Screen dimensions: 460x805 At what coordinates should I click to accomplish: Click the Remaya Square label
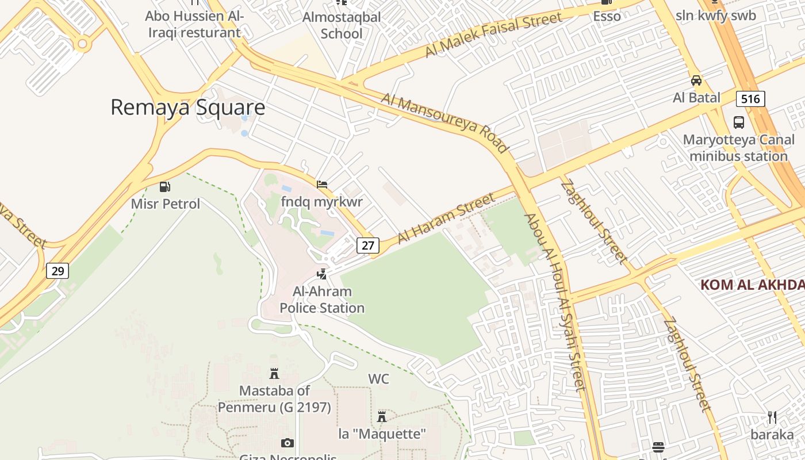tap(187, 108)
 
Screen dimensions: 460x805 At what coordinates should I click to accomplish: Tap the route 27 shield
tap(368, 246)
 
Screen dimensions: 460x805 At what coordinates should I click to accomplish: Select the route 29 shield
tap(57, 270)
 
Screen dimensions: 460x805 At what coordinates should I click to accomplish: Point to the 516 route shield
tap(750, 99)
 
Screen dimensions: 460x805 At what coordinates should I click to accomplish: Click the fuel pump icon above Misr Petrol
tap(165, 187)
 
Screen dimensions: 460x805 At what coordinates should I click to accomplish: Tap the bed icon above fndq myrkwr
tap(322, 185)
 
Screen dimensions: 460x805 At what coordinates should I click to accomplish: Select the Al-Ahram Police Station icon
tap(322, 274)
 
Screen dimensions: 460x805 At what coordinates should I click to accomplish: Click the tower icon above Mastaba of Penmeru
tap(274, 374)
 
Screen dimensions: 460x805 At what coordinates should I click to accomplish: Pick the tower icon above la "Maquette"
tap(382, 416)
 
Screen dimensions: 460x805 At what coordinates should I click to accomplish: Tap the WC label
tap(378, 379)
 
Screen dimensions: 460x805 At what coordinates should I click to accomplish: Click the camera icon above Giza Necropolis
tap(287, 443)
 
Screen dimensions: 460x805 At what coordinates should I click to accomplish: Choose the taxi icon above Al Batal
tap(696, 80)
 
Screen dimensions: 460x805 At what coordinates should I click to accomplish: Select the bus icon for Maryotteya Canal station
tap(739, 122)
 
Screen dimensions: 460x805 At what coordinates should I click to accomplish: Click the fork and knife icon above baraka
tap(772, 417)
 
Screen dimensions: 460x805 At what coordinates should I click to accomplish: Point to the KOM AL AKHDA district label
tap(752, 285)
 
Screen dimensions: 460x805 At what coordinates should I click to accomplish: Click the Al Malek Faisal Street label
tap(493, 34)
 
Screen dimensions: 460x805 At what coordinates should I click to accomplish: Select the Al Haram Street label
tap(446, 218)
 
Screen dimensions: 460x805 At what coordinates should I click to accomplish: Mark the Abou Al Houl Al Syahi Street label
tap(554, 302)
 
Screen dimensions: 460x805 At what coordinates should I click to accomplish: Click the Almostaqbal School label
tap(342, 25)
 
